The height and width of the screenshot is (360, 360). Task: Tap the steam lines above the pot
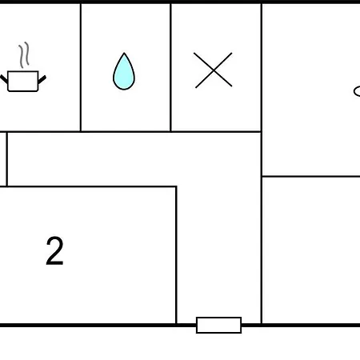coord(23,54)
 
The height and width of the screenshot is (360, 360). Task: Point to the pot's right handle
coord(42,79)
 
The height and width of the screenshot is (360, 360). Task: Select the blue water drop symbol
coord(124,71)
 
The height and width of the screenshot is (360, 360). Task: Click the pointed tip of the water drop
coord(124,53)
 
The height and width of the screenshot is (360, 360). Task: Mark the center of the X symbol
coord(214,70)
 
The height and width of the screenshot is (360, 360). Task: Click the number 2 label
coord(54,250)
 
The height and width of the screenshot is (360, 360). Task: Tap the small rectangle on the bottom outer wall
coord(218,325)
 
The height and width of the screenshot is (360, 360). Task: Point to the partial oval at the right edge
coord(357,91)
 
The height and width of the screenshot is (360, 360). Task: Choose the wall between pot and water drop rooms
coord(81,67)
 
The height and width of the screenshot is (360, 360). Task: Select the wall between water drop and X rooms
coord(170,67)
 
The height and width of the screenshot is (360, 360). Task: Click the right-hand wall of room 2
coord(176,255)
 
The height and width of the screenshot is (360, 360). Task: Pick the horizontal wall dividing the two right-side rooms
coord(311,176)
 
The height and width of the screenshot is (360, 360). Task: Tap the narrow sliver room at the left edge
coord(2,159)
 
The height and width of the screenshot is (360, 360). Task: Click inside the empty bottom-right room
coord(311,250)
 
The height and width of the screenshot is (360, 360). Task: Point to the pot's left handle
coord(4,79)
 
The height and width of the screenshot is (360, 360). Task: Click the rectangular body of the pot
coord(23,82)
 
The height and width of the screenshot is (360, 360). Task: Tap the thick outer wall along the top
coord(180,2)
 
